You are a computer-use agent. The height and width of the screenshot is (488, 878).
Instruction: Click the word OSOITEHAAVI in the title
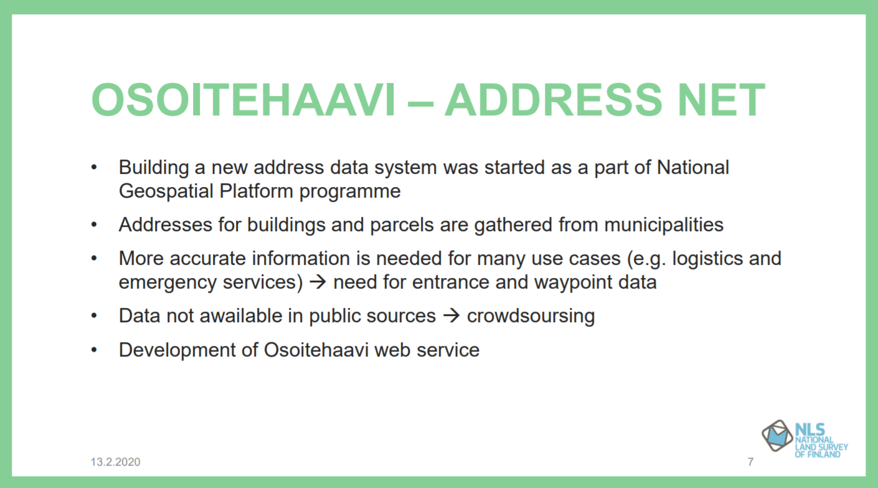(x=243, y=100)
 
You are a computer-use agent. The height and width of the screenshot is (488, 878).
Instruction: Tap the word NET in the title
(x=720, y=100)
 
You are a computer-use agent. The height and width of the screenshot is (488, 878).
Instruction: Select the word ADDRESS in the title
(x=553, y=100)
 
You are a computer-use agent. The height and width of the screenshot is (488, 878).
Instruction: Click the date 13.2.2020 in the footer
(x=115, y=462)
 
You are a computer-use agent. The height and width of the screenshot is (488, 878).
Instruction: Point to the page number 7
(x=750, y=462)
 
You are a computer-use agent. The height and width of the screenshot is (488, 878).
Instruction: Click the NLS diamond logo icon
(x=777, y=436)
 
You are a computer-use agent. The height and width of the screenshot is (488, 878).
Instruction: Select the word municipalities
(x=664, y=225)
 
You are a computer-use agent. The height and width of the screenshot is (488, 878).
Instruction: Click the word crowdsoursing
(x=531, y=316)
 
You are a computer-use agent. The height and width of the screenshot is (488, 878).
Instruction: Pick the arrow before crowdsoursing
(x=451, y=316)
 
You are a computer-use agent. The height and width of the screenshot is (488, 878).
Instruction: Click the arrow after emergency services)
(x=318, y=282)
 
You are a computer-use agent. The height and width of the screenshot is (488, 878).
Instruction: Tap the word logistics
(x=707, y=259)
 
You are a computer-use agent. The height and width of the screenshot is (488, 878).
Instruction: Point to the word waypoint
(x=573, y=283)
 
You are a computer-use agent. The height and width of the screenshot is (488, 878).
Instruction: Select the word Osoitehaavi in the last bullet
(x=316, y=350)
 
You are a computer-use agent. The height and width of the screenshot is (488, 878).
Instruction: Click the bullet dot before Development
(x=94, y=350)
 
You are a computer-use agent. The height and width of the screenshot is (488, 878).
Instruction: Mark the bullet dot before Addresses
(x=94, y=225)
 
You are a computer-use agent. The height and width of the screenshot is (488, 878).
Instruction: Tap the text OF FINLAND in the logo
(x=818, y=454)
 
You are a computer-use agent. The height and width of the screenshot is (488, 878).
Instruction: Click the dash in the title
(x=420, y=104)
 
